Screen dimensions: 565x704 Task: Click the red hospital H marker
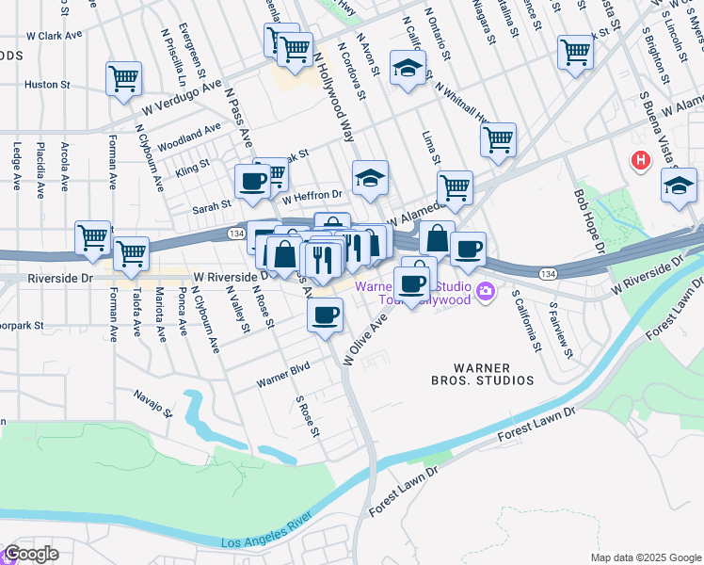click(641, 160)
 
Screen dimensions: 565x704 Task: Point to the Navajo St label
click(153, 404)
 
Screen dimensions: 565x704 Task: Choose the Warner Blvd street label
click(283, 378)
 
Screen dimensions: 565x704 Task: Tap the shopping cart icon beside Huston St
click(123, 79)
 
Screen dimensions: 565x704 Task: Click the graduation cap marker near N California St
click(408, 69)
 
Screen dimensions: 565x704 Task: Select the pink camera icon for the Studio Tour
click(485, 291)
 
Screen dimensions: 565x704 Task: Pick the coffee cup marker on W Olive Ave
click(325, 314)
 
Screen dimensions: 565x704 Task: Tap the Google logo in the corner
click(31, 554)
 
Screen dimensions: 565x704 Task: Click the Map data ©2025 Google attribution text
click(645, 557)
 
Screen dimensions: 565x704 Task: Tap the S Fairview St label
click(563, 325)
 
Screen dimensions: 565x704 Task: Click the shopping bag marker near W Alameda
click(438, 237)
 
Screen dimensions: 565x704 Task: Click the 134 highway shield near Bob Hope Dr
click(547, 272)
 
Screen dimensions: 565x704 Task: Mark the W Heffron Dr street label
click(312, 197)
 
